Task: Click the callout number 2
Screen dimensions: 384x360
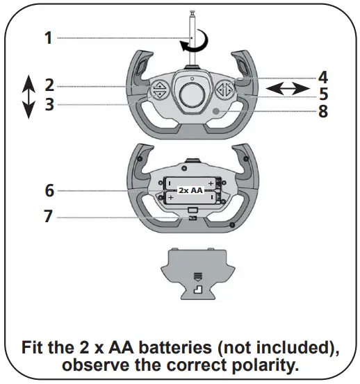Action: (49, 85)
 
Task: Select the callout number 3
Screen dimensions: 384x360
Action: (49, 105)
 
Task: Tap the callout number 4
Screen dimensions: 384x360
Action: (322, 77)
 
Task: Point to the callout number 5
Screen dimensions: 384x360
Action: (322, 94)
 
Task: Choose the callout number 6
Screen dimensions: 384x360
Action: (49, 190)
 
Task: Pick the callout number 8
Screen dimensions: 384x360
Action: (322, 110)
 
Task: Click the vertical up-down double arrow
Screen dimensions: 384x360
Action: (28, 97)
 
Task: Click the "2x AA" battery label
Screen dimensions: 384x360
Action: (190, 190)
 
